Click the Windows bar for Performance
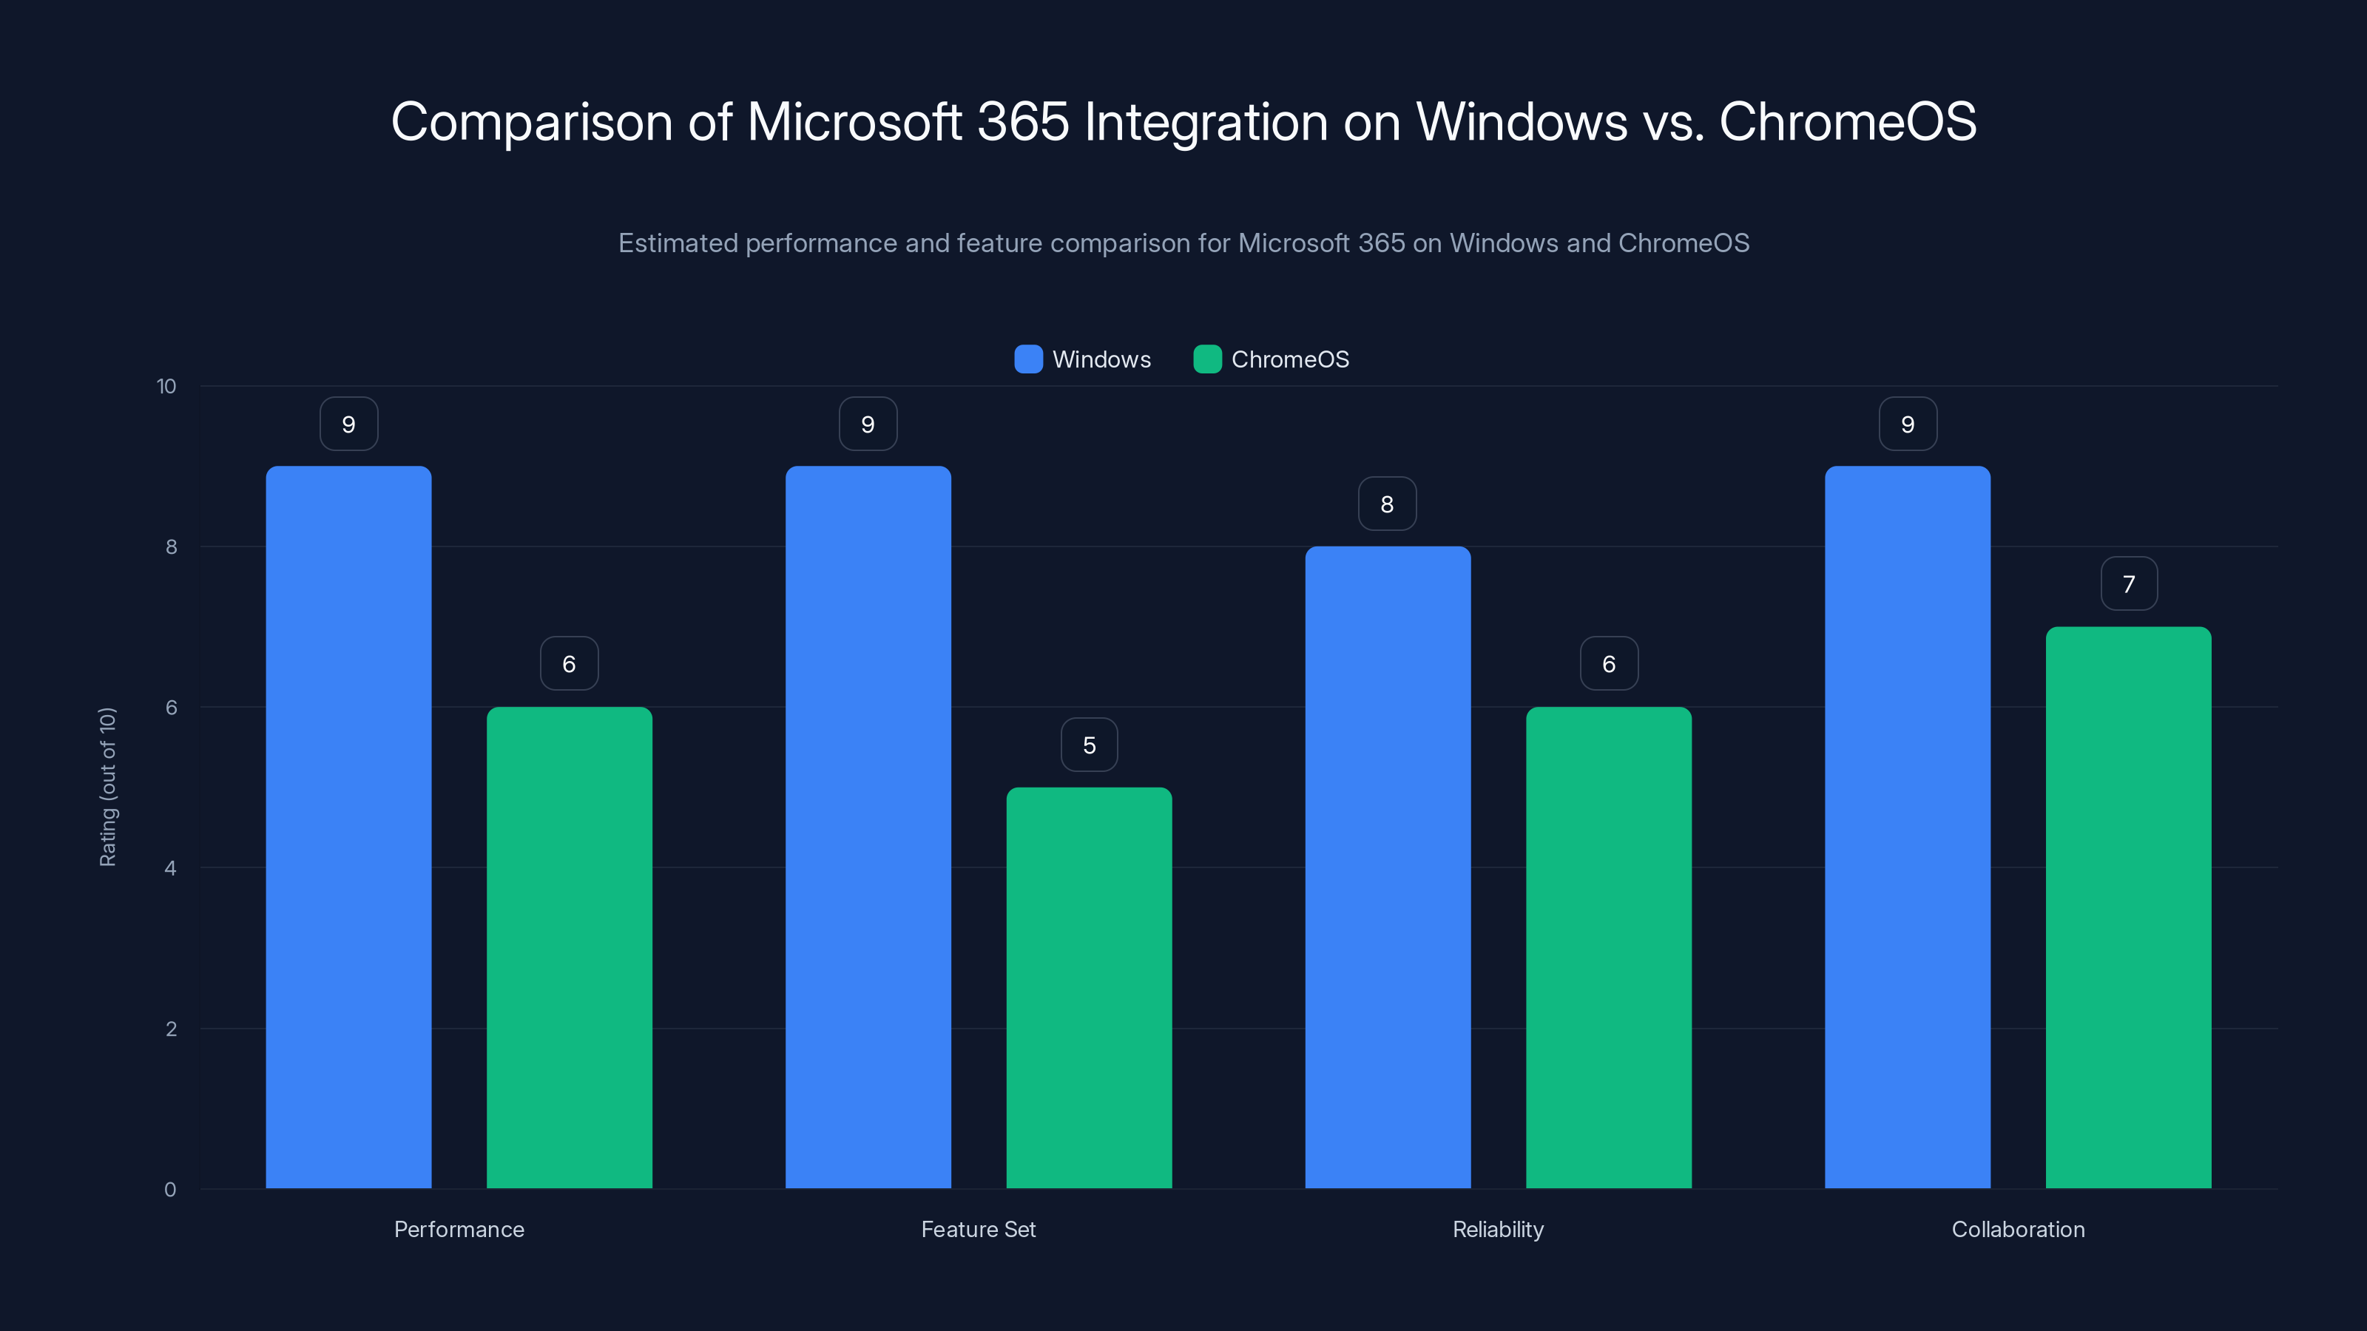[348, 827]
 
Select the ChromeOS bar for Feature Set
[1089, 987]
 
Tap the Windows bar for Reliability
[1388, 867]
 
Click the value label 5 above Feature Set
[1089, 745]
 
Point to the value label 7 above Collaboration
[2128, 584]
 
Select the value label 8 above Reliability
[1388, 504]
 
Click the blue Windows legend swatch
[1028, 359]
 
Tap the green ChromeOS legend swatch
[1206, 359]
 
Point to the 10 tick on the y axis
[166, 387]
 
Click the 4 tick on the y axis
[170, 868]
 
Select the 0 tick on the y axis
[170, 1190]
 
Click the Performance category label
[459, 1229]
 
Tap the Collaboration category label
[2018, 1229]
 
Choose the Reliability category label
[1498, 1229]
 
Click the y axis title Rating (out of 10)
[107, 788]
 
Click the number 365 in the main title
[1023, 122]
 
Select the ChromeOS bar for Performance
[569, 947]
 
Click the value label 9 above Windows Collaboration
[1908, 424]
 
